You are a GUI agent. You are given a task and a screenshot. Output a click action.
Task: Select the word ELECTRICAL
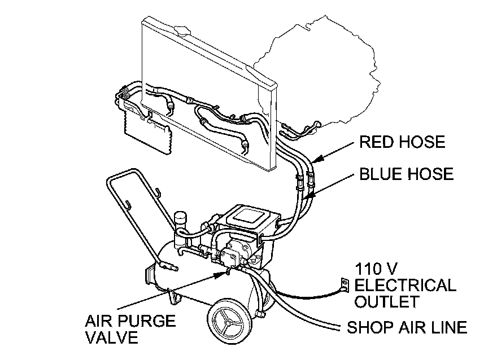tap(405, 284)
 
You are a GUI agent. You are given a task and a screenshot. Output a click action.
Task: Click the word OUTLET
tap(386, 302)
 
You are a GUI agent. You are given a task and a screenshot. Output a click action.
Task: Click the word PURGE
tap(147, 322)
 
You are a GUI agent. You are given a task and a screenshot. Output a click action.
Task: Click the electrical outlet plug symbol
tap(341, 285)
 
